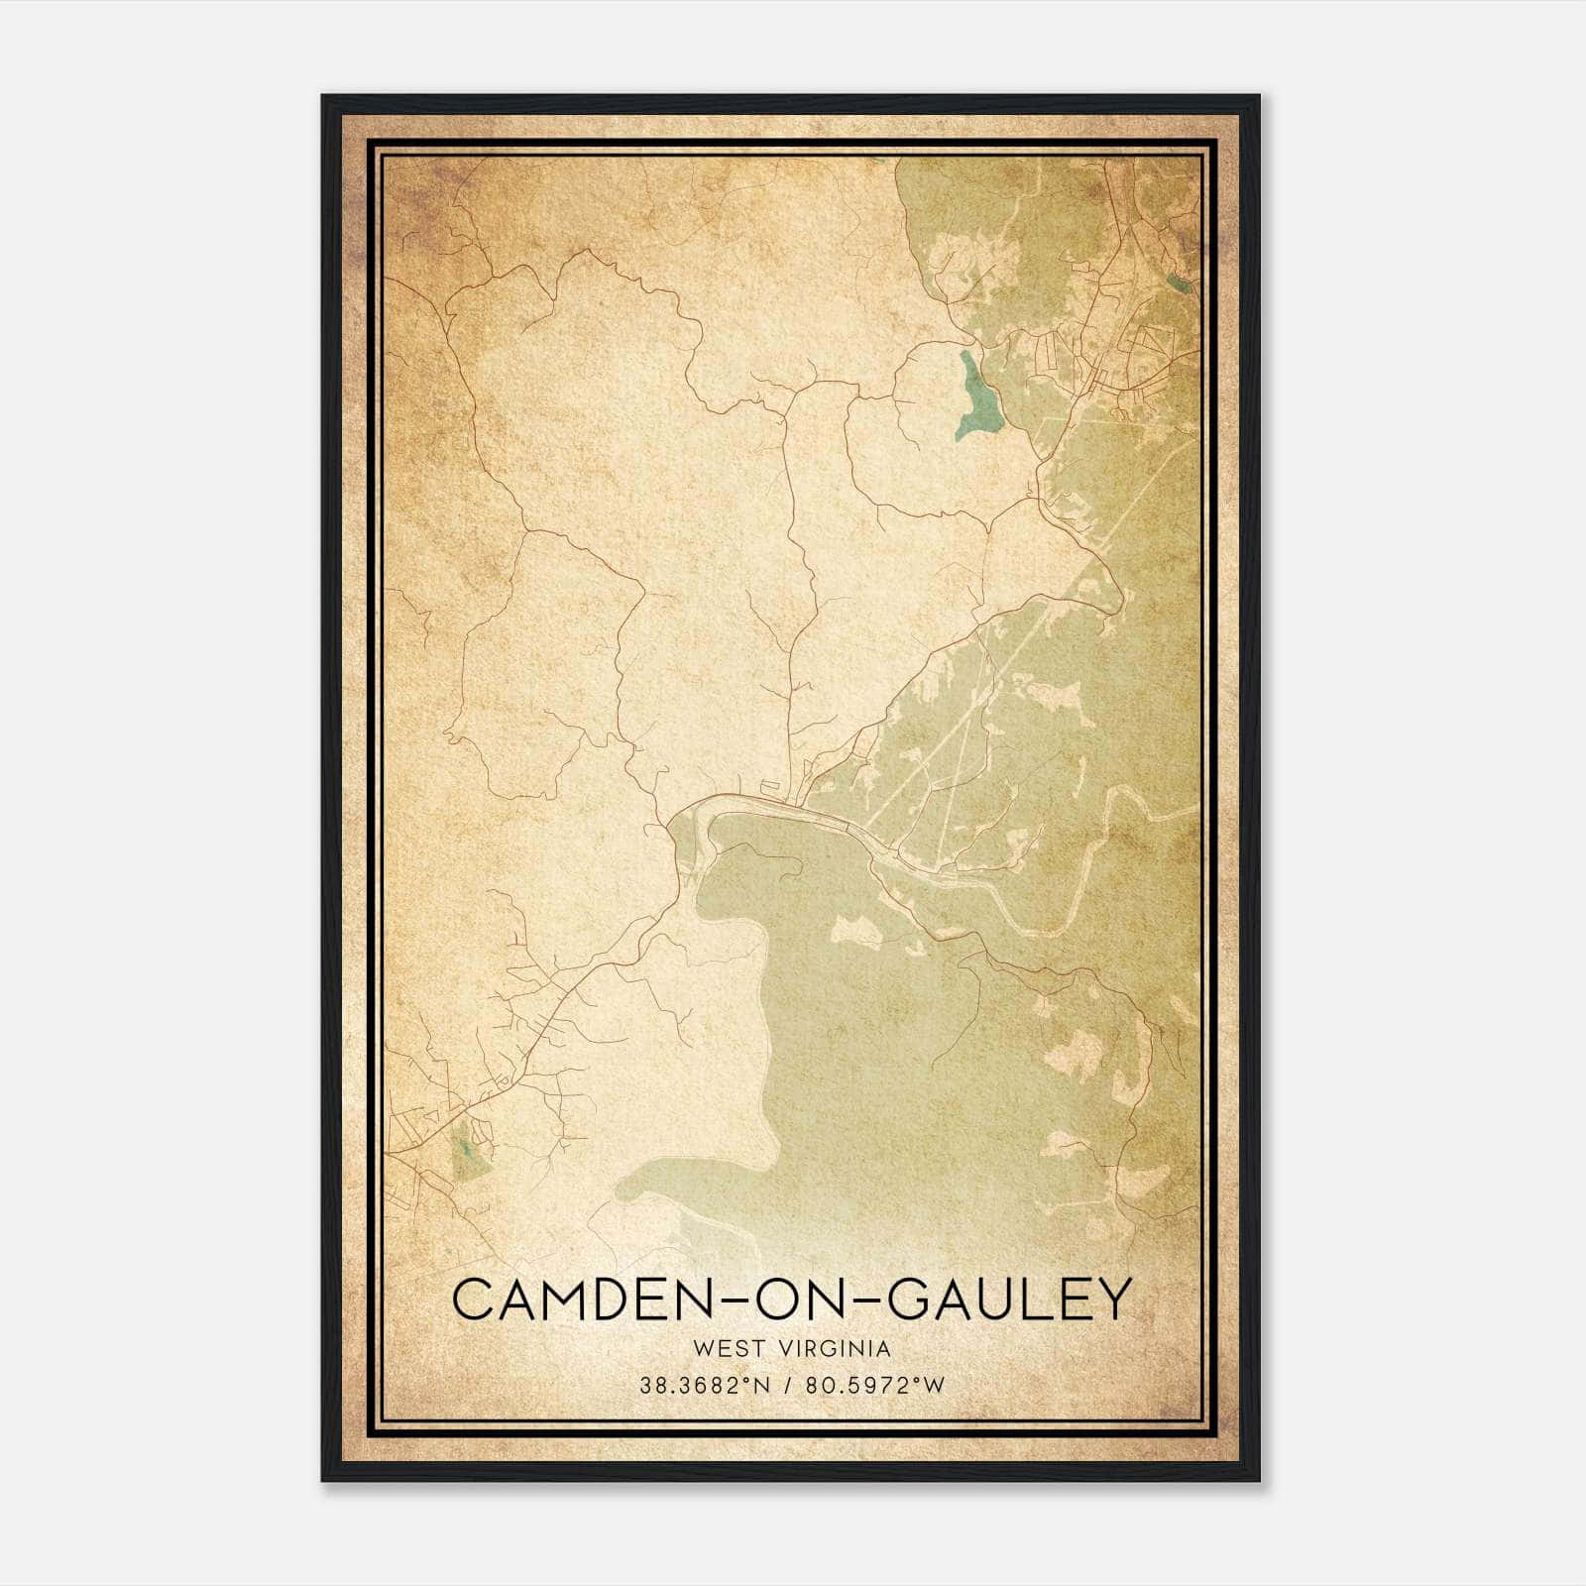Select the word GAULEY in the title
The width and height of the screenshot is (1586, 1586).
[x=1007, y=1299]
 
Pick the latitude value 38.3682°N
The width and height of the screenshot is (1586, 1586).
[x=705, y=1385]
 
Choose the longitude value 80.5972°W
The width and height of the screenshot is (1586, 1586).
[x=873, y=1385]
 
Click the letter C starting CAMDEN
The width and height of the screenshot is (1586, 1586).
[x=473, y=1299]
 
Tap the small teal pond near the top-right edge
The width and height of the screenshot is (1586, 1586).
[x=1180, y=283]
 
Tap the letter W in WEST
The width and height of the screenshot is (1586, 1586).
[x=705, y=1348]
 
